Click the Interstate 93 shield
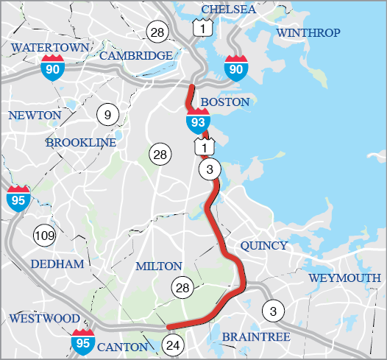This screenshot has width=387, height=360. pos(198,119)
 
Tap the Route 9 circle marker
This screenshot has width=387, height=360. pos(107,114)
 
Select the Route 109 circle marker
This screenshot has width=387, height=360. pos(44,236)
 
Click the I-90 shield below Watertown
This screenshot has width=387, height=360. pos(52,68)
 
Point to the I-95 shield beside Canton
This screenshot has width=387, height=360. pos(82,340)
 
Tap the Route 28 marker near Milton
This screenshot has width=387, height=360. pos(182,288)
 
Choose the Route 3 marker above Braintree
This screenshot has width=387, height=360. pos(273,311)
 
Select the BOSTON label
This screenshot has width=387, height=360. pos(225,102)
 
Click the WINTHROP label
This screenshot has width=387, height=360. pos(309,33)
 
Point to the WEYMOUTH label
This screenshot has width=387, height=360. pos(345,278)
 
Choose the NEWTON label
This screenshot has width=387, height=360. pos(34,116)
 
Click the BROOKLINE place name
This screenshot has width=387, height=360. pos(81,143)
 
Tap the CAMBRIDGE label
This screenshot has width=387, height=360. pos(136,55)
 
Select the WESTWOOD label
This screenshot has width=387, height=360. pos(44,318)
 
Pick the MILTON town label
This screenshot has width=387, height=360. pos(158,266)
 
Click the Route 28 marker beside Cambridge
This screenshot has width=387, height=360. pos(157,31)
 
